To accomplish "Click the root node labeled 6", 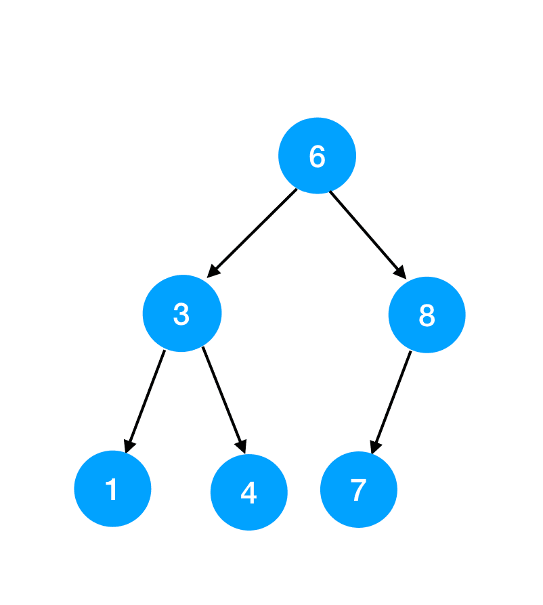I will coord(317,156).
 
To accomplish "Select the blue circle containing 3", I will coord(182,313).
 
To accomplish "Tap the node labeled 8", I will coord(427,315).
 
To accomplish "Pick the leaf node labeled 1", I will coord(112,489).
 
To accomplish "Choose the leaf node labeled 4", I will coord(249,492).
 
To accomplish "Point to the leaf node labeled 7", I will coord(358,489).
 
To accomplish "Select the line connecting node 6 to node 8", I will coord(366,233).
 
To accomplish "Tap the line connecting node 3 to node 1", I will coord(146,399).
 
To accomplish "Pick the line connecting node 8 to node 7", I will coord(392,399).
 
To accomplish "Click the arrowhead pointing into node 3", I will coord(213,271).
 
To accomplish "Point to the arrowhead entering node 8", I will coord(400,273).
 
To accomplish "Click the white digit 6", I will coord(317,156).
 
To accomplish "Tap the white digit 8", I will coord(427,315).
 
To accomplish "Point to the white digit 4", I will coord(248,493).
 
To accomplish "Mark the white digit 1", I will coord(112,489).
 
